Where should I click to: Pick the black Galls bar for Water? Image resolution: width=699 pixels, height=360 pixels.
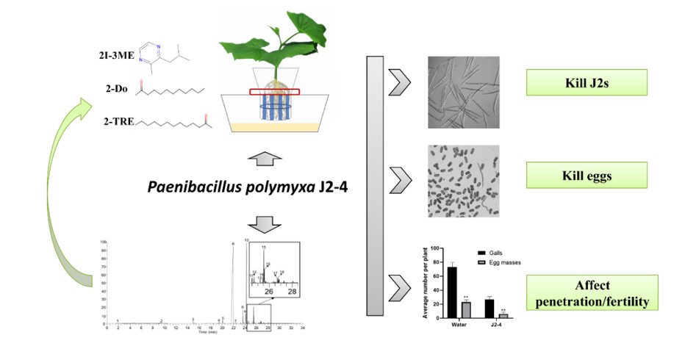[x=452, y=292]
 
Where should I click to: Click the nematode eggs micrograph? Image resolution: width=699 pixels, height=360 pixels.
[x=463, y=181]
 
